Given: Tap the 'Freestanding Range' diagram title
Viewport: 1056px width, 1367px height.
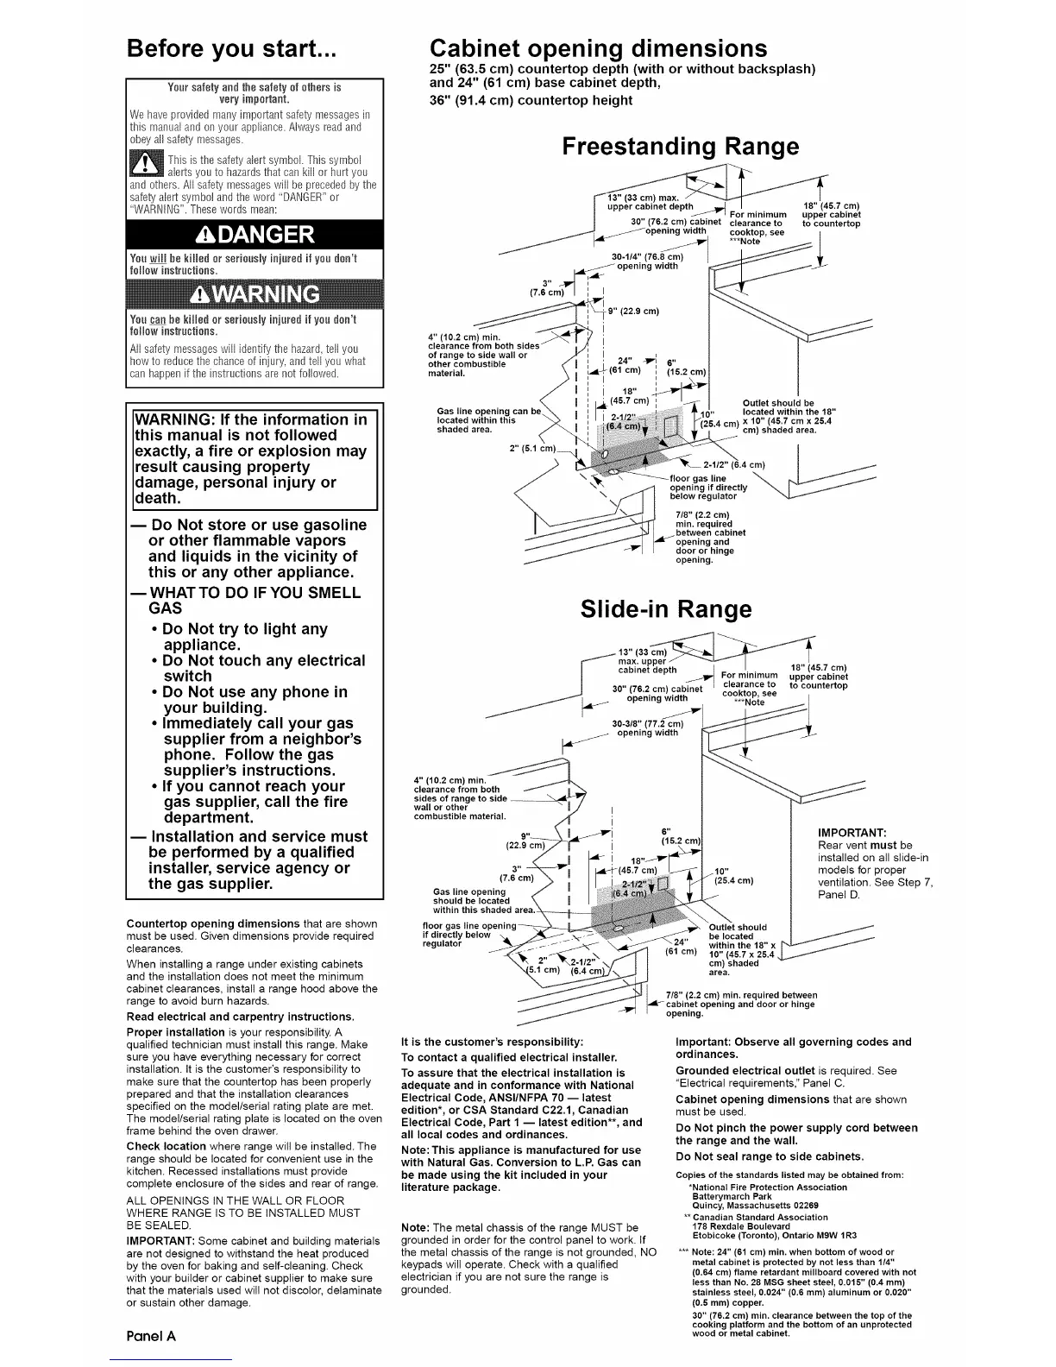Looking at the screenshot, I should click(680, 147).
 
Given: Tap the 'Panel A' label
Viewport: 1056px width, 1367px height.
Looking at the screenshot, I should click(151, 1335).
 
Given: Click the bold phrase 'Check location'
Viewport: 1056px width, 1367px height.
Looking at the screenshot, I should click(166, 1146).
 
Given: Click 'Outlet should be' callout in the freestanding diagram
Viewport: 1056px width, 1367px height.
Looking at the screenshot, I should click(778, 403).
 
